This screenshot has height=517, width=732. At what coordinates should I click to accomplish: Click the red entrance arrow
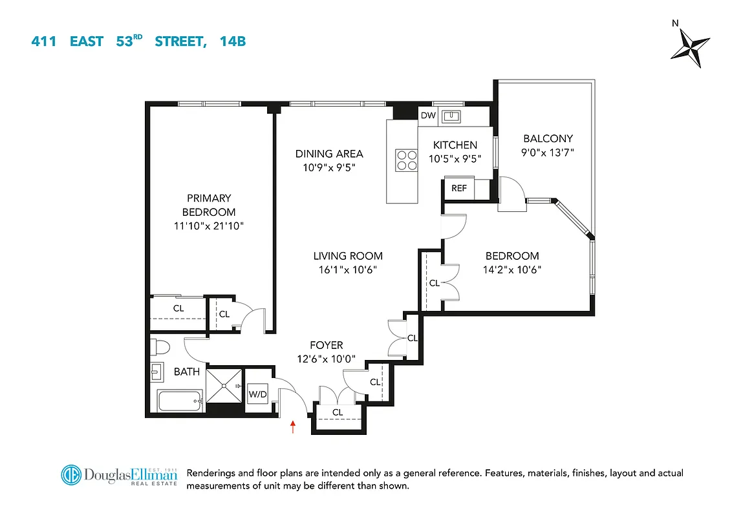[293, 427]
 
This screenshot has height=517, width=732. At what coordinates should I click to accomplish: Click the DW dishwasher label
[428, 116]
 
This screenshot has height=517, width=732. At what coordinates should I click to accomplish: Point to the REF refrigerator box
[459, 189]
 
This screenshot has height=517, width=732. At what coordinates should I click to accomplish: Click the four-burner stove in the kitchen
[407, 160]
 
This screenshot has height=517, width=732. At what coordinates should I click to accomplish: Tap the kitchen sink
[454, 116]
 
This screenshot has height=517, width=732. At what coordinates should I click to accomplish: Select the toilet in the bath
[160, 348]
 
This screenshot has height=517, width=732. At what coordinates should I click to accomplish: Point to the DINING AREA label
[329, 154]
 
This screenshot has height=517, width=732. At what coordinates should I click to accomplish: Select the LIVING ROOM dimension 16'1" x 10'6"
[348, 269]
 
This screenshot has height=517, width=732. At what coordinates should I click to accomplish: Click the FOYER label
[327, 345]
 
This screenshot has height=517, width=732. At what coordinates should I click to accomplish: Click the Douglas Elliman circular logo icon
[73, 475]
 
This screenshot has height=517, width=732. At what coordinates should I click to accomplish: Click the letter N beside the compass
[675, 23]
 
